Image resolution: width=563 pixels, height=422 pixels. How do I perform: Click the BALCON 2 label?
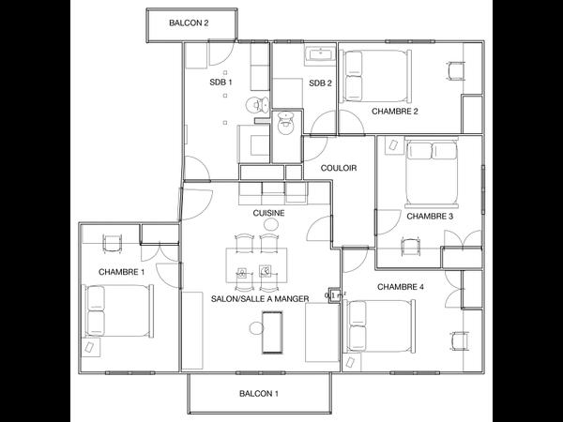189,23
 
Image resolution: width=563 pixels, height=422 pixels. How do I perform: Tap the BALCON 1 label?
259,394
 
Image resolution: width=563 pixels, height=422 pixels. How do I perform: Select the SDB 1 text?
221,83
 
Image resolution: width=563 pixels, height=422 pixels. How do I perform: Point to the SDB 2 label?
321,83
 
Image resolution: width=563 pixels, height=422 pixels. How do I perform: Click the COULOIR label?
338,168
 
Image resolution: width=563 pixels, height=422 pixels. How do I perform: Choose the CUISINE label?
269,213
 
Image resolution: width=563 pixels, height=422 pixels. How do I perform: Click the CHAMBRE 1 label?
122,272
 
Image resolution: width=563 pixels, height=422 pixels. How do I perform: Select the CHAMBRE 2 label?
395,111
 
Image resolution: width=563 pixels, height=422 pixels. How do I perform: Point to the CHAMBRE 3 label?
430,216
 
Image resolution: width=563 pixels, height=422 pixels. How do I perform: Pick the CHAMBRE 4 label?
401,286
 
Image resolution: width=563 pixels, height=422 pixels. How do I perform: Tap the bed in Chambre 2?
377,75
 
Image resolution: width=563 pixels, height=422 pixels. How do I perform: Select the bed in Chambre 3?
432,173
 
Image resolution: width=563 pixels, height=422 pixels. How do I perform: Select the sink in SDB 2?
321,55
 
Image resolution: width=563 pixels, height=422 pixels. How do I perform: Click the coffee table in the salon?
273,331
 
